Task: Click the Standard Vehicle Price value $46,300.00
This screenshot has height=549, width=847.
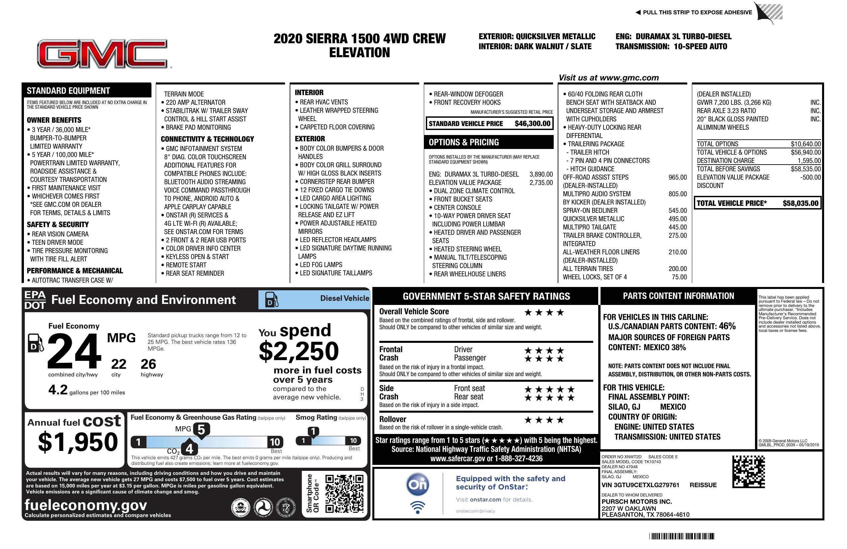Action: [532, 124]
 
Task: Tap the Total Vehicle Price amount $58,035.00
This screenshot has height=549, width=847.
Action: [800, 204]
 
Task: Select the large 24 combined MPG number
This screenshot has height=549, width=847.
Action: [74, 351]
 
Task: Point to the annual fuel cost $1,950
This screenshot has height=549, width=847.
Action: [78, 442]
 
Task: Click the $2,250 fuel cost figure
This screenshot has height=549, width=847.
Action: [299, 351]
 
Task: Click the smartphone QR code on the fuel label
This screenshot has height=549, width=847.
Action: [344, 493]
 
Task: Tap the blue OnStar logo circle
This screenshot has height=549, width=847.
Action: [418, 484]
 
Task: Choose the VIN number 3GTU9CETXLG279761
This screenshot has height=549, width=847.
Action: [640, 485]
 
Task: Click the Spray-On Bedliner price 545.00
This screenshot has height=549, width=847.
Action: [677, 210]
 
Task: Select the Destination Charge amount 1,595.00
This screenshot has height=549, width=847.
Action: [809, 161]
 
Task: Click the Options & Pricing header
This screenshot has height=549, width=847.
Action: [464, 142]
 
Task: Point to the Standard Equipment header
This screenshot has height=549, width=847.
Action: [68, 90]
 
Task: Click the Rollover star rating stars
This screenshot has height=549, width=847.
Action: [544, 420]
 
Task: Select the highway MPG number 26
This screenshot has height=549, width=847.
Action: [148, 364]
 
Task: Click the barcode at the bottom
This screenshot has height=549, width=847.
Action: [681, 536]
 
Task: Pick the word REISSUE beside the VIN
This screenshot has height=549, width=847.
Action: [703, 485]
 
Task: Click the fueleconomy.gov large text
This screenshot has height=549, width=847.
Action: [86, 505]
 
